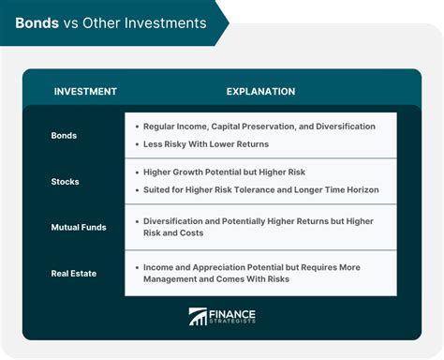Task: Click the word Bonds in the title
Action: (x=37, y=22)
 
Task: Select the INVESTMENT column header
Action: (x=85, y=92)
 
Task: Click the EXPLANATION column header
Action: (x=260, y=92)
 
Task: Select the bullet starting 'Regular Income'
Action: (x=259, y=126)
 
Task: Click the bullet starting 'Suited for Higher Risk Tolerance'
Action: (x=260, y=189)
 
